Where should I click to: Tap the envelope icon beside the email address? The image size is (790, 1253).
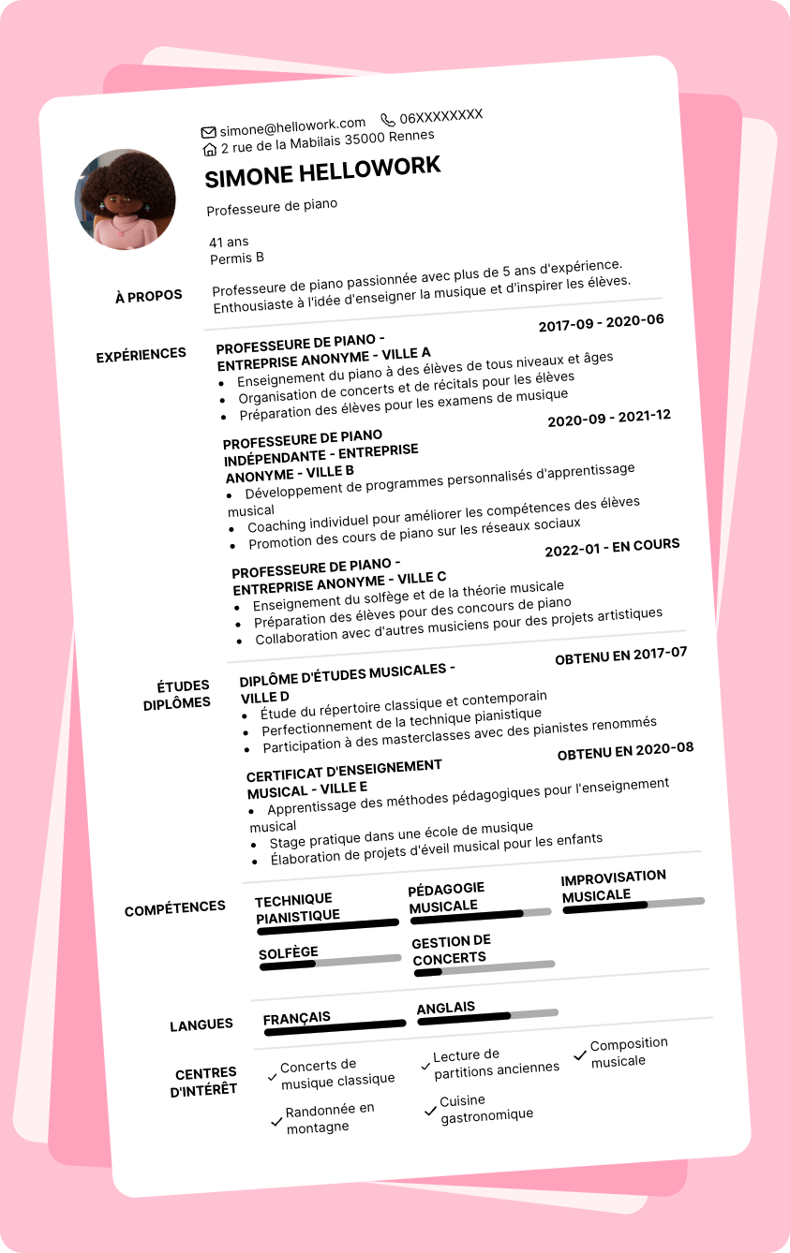click(x=208, y=132)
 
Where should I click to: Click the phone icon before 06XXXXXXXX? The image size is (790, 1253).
click(x=388, y=120)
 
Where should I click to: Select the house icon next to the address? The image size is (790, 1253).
click(x=210, y=149)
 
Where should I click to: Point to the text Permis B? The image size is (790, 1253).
click(x=237, y=258)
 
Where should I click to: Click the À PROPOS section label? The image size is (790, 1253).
click(x=148, y=297)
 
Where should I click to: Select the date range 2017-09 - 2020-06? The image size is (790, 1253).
click(x=601, y=323)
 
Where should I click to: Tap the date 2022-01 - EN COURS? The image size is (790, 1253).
click(x=612, y=547)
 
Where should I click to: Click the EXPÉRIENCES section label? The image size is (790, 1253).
click(x=142, y=355)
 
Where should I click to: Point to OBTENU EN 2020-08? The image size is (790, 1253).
click(x=625, y=751)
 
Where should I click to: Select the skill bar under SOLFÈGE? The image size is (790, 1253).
click(x=330, y=962)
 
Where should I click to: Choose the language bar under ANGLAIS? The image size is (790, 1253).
click(x=487, y=1016)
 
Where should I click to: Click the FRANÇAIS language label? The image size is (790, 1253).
click(x=296, y=1018)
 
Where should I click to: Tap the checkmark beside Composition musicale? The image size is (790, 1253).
click(x=580, y=1055)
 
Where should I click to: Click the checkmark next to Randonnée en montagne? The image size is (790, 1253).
click(x=276, y=1121)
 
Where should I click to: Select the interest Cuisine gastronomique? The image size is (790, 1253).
click(x=486, y=1108)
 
